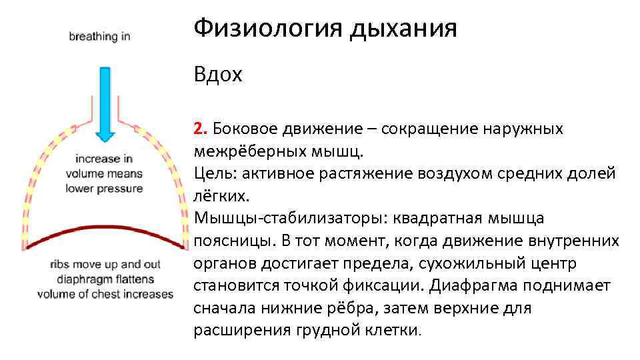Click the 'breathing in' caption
[99, 37]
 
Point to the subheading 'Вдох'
[218, 75]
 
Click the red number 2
[198, 129]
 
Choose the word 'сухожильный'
[466, 263]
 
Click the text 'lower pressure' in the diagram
[104, 189]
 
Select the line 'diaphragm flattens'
[105, 279]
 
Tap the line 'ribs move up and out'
[105, 264]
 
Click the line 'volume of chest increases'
[105, 294]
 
